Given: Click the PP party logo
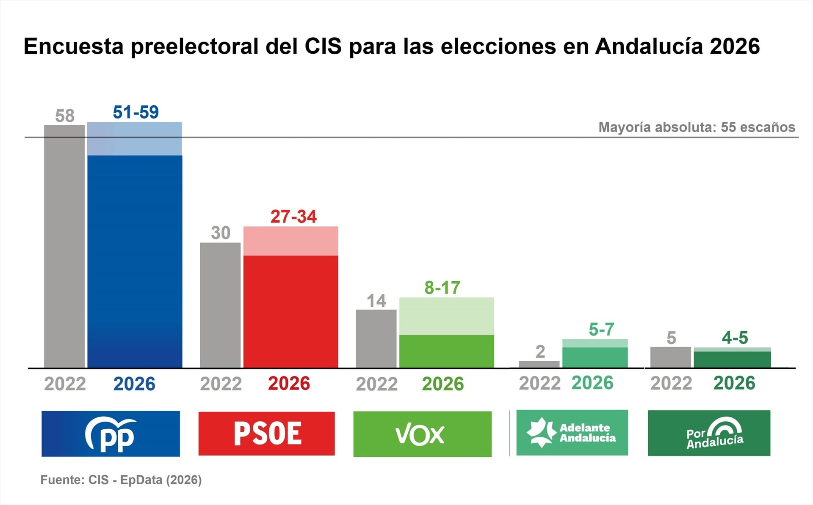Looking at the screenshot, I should [111, 434].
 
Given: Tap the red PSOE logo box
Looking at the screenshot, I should [266, 434].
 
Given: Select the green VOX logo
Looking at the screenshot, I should [422, 434].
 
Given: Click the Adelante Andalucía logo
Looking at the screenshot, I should [572, 433].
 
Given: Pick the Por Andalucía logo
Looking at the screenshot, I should [709, 433].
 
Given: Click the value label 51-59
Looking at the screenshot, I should [135, 113].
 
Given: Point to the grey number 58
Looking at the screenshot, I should [65, 116].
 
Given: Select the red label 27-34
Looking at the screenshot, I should [293, 217].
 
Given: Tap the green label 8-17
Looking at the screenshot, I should [442, 288].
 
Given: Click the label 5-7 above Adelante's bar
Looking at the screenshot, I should [601, 329].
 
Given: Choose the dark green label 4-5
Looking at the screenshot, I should [735, 338].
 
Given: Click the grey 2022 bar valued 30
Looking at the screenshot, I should [220, 305].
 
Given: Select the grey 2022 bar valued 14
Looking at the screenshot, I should [376, 338].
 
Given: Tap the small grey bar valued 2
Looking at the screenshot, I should [539, 364].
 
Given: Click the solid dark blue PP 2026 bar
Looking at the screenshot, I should [135, 262].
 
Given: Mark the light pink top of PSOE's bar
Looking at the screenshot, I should [290, 241].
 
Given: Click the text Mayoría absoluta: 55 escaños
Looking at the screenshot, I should [697, 127].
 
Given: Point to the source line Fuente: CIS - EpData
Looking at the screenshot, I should [121, 480].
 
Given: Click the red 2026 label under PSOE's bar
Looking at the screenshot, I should [289, 384].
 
